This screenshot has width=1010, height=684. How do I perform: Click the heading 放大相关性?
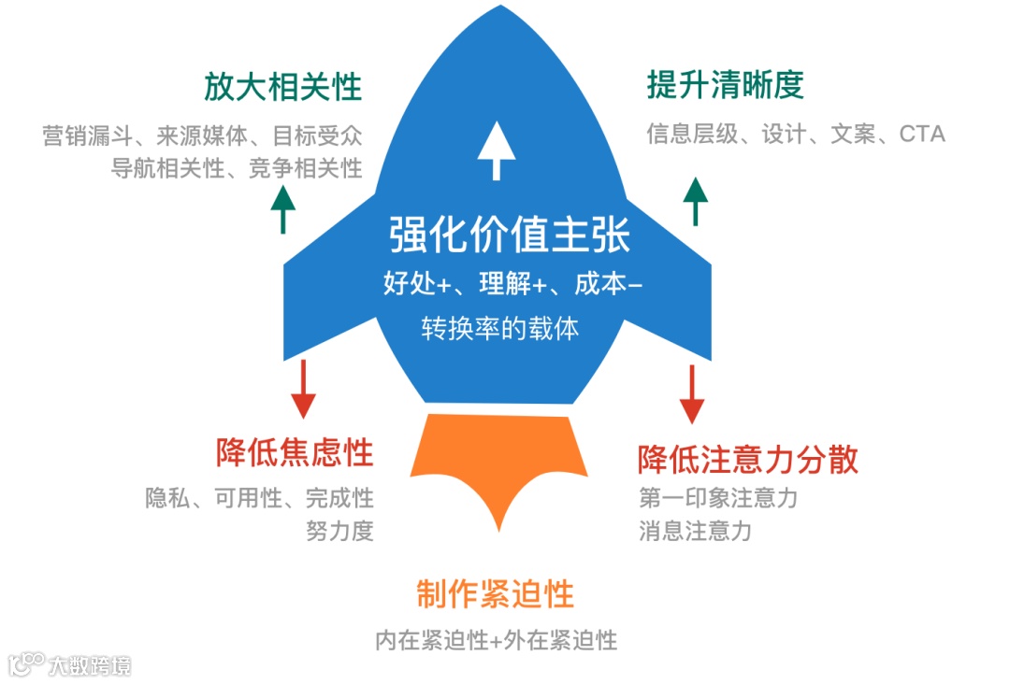(x=282, y=88)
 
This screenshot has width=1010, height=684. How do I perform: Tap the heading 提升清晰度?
(x=725, y=85)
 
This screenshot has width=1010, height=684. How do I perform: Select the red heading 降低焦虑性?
(x=295, y=453)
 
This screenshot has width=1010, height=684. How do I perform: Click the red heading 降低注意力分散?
(x=747, y=460)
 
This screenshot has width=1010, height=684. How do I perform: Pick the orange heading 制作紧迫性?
(x=495, y=593)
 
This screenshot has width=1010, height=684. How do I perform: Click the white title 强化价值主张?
(x=510, y=235)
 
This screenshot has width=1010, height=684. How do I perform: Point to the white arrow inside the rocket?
(x=490, y=153)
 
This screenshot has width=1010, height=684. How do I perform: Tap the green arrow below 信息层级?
(x=695, y=200)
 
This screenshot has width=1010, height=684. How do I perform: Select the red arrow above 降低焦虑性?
(x=303, y=388)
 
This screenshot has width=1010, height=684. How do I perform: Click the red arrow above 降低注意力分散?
(x=691, y=392)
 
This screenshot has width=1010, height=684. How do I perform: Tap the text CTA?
(x=922, y=135)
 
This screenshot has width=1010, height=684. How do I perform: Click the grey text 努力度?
(x=339, y=531)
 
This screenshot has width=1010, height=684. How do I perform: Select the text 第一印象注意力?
(x=718, y=498)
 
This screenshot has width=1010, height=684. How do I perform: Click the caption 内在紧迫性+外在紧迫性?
(x=496, y=640)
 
